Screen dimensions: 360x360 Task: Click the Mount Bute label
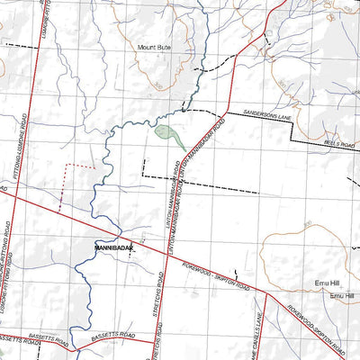coord(153,46)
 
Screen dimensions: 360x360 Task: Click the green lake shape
coord(169,137)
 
